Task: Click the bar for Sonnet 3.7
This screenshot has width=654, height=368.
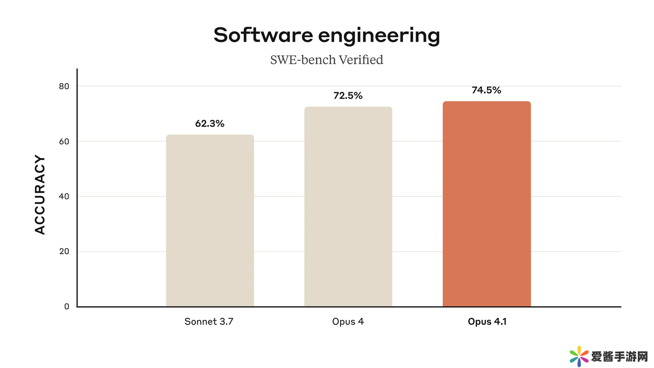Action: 210,221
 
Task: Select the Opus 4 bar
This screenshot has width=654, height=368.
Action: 348,207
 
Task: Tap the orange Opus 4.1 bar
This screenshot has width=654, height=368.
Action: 486,204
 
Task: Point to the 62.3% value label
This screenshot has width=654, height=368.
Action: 210,124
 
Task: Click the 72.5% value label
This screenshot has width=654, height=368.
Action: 348,96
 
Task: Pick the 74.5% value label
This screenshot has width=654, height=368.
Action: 486,90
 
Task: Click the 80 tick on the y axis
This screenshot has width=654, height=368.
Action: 64,86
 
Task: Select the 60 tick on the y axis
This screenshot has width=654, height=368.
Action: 64,141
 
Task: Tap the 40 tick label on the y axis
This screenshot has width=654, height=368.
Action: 64,197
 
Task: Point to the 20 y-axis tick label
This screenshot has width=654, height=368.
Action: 64,252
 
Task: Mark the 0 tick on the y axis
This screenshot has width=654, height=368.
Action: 67,307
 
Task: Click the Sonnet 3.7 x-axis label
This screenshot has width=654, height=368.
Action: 209,322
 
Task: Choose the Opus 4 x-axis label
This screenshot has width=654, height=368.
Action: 348,322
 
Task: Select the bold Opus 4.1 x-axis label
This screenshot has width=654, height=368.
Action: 487,322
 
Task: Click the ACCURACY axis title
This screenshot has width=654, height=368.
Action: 40,195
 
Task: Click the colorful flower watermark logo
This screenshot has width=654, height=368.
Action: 579,356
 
